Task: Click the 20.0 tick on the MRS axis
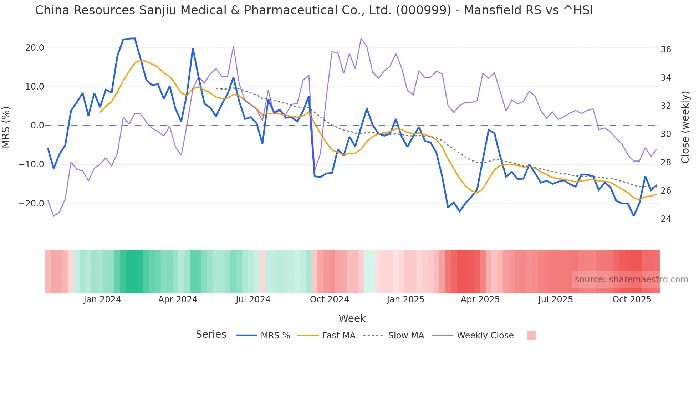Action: tap(35, 48)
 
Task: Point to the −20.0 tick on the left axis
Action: tap(31, 204)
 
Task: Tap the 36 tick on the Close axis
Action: tap(665, 50)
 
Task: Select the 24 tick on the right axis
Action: tap(665, 219)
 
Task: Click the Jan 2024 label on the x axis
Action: tap(102, 300)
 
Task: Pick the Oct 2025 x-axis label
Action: tap(632, 300)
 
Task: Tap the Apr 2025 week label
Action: tap(480, 300)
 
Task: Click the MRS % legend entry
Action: tap(275, 336)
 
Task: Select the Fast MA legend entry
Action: tap(338, 336)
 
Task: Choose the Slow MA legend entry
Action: tap(406, 336)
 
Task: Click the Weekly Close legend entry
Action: tap(485, 336)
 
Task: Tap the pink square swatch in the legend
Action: tap(531, 335)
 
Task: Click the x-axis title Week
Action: tap(352, 318)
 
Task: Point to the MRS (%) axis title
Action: tap(6, 127)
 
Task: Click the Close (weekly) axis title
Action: tap(685, 127)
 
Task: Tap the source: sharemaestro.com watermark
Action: tap(631, 280)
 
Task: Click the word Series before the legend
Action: tap(211, 335)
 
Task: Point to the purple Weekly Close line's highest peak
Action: tap(361, 39)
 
